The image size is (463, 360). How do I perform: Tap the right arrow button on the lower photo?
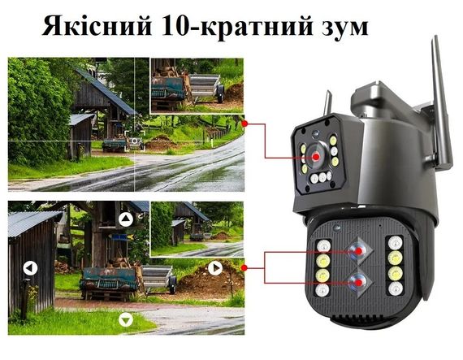click(x=215, y=267)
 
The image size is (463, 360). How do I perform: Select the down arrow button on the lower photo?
click(x=125, y=319)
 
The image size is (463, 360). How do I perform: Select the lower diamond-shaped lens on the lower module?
click(x=356, y=284)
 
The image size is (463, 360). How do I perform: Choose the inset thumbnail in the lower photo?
click(x=197, y=229)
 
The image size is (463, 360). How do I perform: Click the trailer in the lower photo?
click(x=122, y=280)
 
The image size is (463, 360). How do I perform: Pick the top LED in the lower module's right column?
click(x=394, y=244)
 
